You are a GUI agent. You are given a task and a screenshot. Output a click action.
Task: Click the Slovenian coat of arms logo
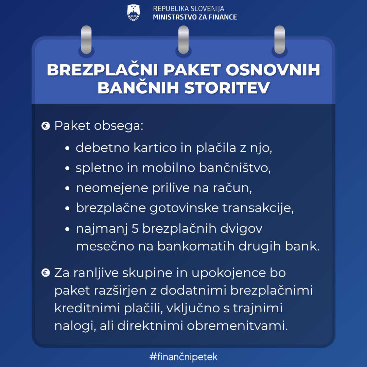[134, 13]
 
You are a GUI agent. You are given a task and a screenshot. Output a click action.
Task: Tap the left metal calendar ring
[86, 40]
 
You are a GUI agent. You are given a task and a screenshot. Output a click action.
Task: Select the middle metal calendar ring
[183, 40]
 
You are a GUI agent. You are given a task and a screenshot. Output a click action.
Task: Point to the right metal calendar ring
[279, 40]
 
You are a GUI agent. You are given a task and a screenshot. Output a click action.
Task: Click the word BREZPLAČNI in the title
[103, 70]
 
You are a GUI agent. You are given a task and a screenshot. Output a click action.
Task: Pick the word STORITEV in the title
[227, 88]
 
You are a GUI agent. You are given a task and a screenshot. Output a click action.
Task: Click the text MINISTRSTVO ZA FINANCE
[195, 17]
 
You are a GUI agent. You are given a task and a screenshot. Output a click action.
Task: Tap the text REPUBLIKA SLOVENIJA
[189, 8]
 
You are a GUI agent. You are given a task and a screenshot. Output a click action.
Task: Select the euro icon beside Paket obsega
[46, 126]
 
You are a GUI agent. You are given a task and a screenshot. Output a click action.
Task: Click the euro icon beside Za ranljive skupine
[46, 273]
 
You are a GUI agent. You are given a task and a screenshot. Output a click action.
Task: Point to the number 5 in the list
[135, 228]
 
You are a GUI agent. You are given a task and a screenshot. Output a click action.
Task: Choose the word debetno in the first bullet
[103, 148]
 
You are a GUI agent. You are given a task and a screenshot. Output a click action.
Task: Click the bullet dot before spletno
[67, 168]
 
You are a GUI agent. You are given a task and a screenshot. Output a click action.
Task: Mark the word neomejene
[112, 188]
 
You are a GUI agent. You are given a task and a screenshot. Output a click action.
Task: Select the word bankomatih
[196, 246]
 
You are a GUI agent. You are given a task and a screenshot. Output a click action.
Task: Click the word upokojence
[229, 273]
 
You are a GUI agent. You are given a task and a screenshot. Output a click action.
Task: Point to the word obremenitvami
[237, 325]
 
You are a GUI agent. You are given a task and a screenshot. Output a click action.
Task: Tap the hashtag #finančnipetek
[183, 357]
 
